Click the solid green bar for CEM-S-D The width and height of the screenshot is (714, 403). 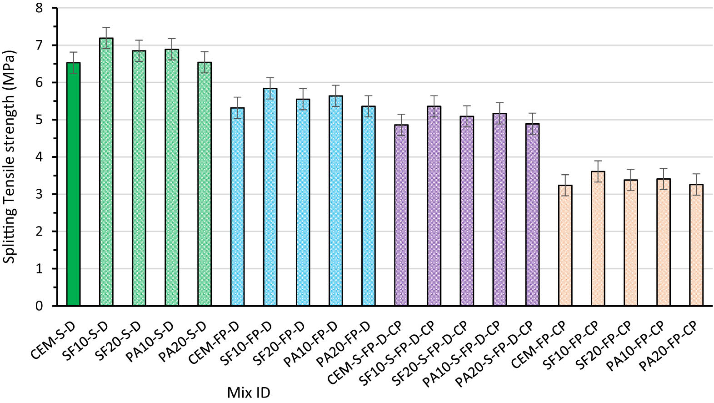[73, 184]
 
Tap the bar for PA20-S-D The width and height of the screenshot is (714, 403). [205, 184]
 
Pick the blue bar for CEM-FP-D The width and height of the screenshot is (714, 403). [237, 207]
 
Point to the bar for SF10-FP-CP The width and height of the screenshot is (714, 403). [598, 239]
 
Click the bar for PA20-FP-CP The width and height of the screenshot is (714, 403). [696, 245]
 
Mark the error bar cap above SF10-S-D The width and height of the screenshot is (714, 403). [106, 28]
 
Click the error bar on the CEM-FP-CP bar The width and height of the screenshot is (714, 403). [565, 185]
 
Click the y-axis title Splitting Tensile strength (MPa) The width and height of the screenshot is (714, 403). [10, 156]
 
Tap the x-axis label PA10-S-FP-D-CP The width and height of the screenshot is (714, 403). [462, 353]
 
